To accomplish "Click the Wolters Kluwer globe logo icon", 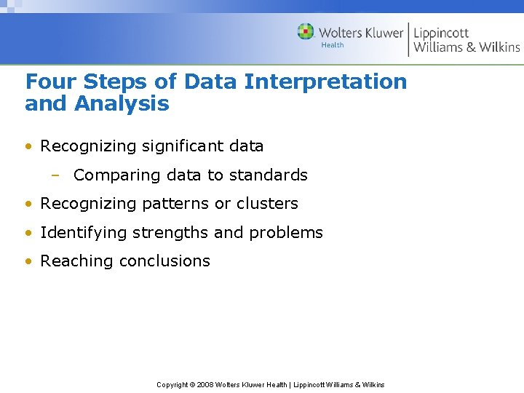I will coord(306,32).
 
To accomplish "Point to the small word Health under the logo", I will coord(332,45).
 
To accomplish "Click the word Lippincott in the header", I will coord(441,33).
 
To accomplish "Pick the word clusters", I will coord(267,204).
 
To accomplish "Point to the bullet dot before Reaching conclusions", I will coord(28,261).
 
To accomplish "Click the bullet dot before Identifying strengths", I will coord(28,233).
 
